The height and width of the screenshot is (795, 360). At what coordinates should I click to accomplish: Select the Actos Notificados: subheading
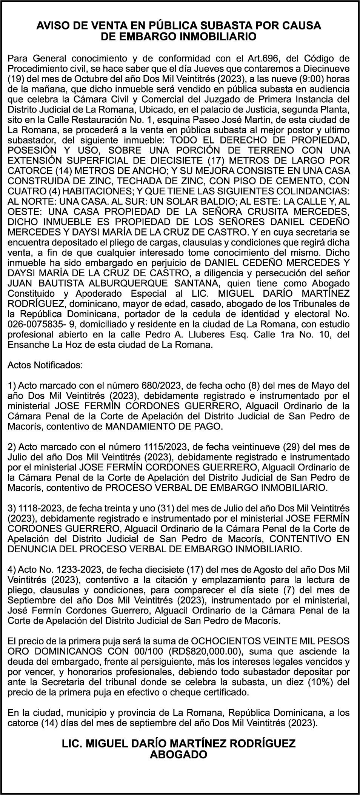tap(45, 365)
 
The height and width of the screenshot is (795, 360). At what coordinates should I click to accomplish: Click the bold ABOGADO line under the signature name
tap(179, 754)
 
